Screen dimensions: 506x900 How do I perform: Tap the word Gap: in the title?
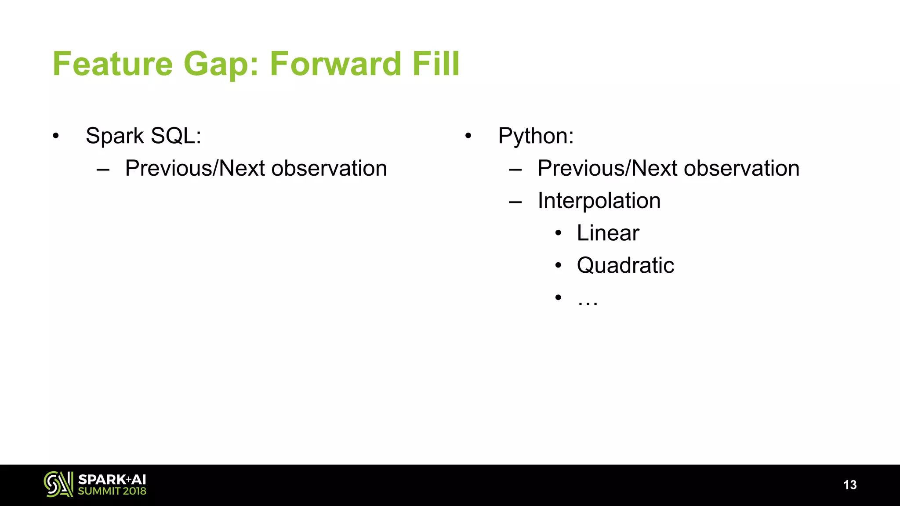[x=221, y=64]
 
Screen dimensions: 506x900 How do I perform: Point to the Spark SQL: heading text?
[x=143, y=136]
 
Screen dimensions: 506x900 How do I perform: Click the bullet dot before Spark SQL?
[x=56, y=136]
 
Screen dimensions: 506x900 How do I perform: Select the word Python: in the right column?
[x=536, y=136]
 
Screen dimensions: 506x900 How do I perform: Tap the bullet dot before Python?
[x=468, y=136]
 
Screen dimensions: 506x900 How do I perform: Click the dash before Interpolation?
[x=515, y=202]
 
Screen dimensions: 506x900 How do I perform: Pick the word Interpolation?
[x=599, y=201]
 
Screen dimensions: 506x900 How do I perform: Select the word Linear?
[x=608, y=233]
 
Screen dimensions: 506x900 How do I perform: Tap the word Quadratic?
[x=625, y=265]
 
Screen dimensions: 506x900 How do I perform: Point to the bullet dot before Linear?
[x=558, y=233]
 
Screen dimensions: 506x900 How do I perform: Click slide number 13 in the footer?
[x=850, y=485]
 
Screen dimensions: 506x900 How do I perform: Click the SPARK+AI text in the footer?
[x=112, y=479]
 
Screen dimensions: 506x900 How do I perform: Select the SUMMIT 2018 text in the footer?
[x=112, y=491]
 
